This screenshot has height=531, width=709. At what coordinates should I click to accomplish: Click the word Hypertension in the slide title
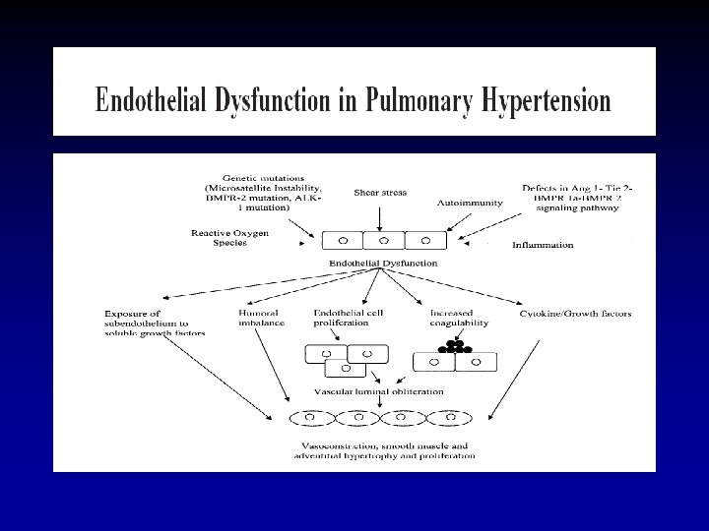click(547, 100)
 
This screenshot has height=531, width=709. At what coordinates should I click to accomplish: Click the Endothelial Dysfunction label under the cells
click(383, 264)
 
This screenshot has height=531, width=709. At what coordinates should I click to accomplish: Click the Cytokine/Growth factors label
click(575, 314)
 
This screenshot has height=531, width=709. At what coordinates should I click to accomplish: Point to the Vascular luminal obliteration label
click(378, 391)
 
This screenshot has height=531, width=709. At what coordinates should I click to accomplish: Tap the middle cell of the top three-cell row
click(383, 239)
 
